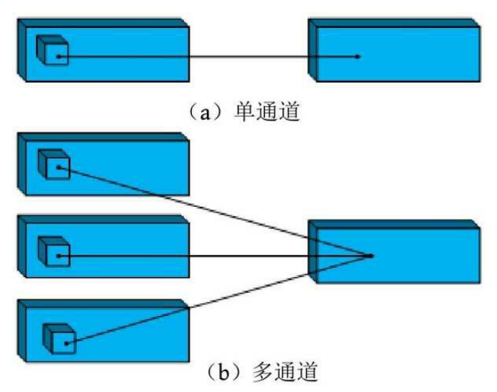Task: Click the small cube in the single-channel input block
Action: coord(52,50)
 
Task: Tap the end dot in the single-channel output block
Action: coord(357,56)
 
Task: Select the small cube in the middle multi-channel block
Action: coord(54,251)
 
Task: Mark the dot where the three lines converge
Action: coord(371,255)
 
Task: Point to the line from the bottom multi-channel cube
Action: coord(215,299)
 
